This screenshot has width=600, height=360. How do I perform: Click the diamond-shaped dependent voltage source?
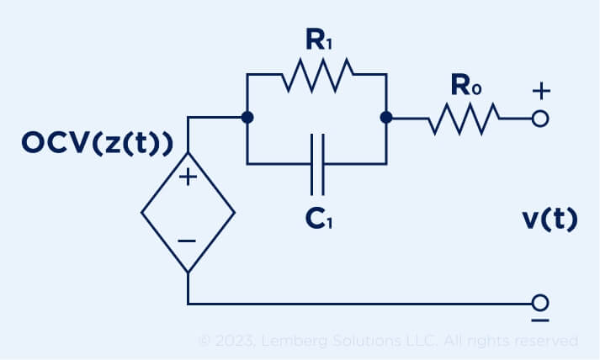(187, 212)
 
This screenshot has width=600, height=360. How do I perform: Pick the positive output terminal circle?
(541, 119)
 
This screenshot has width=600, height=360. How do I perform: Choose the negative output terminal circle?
(541, 302)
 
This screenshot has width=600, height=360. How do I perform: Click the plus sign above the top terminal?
(541, 90)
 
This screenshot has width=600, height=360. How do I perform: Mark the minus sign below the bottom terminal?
(541, 321)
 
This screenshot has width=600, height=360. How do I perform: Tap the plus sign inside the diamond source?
(187, 177)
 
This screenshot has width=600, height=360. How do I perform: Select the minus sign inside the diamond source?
(187, 241)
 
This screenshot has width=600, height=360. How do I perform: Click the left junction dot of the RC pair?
(247, 119)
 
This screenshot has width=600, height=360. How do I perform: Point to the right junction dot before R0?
(385, 119)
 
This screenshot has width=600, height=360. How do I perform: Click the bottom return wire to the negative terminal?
(362, 302)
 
